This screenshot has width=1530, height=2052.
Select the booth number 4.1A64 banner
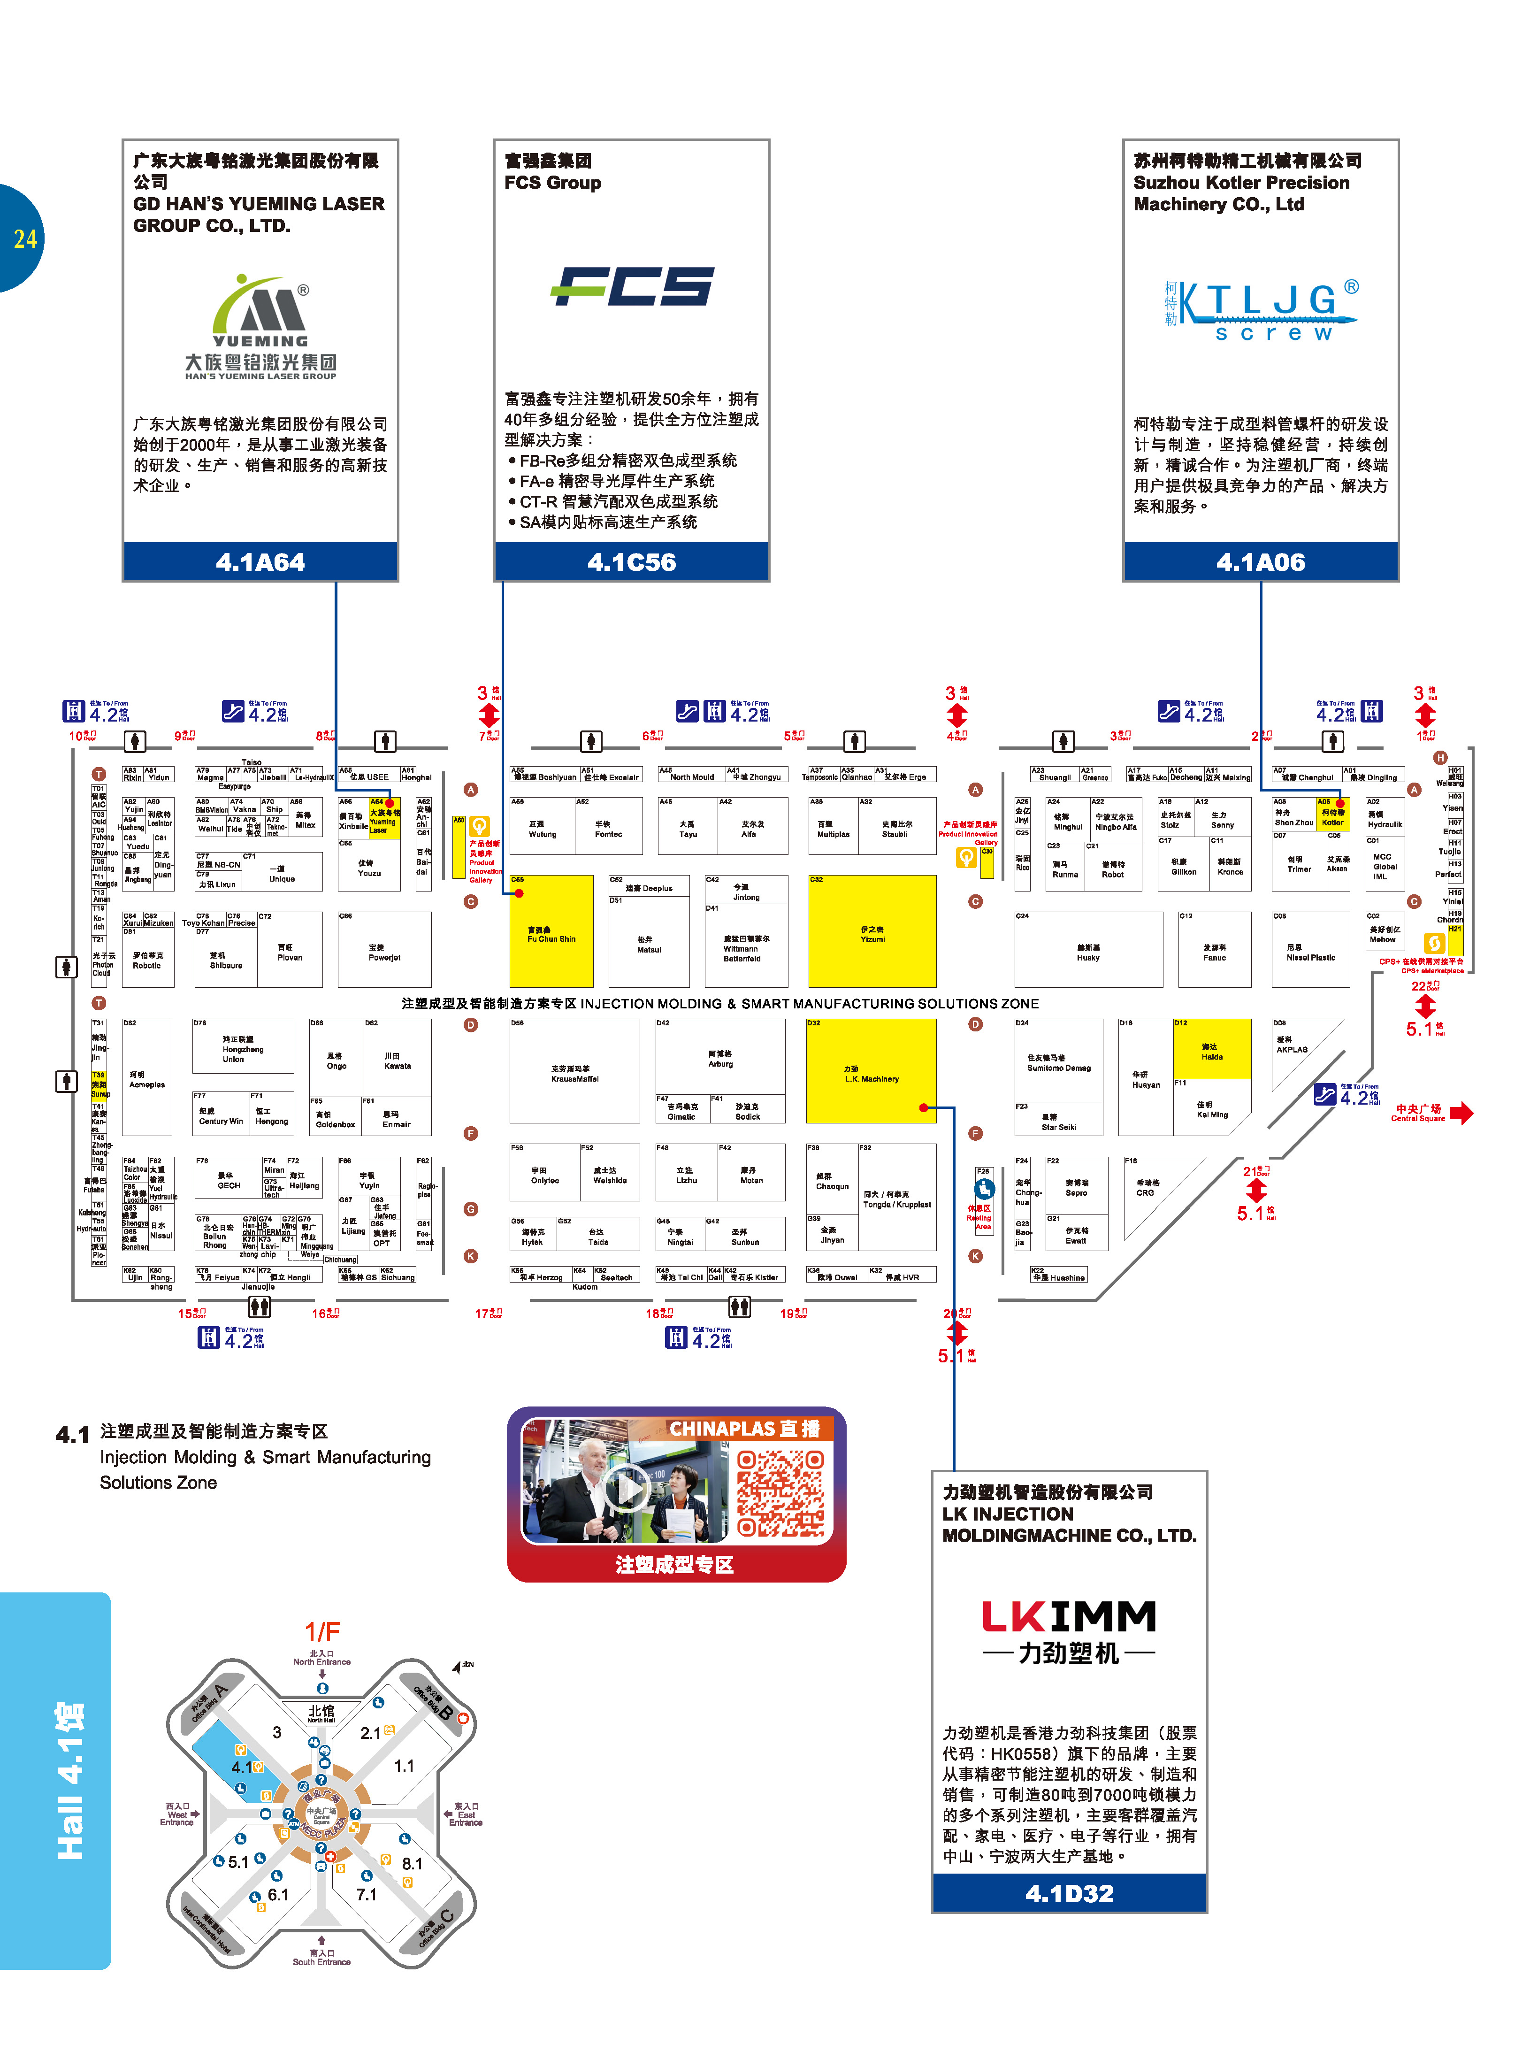[260, 561]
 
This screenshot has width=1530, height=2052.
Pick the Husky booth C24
[1088, 950]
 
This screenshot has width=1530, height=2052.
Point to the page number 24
[25, 239]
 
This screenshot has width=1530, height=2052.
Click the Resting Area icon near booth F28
[984, 1188]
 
